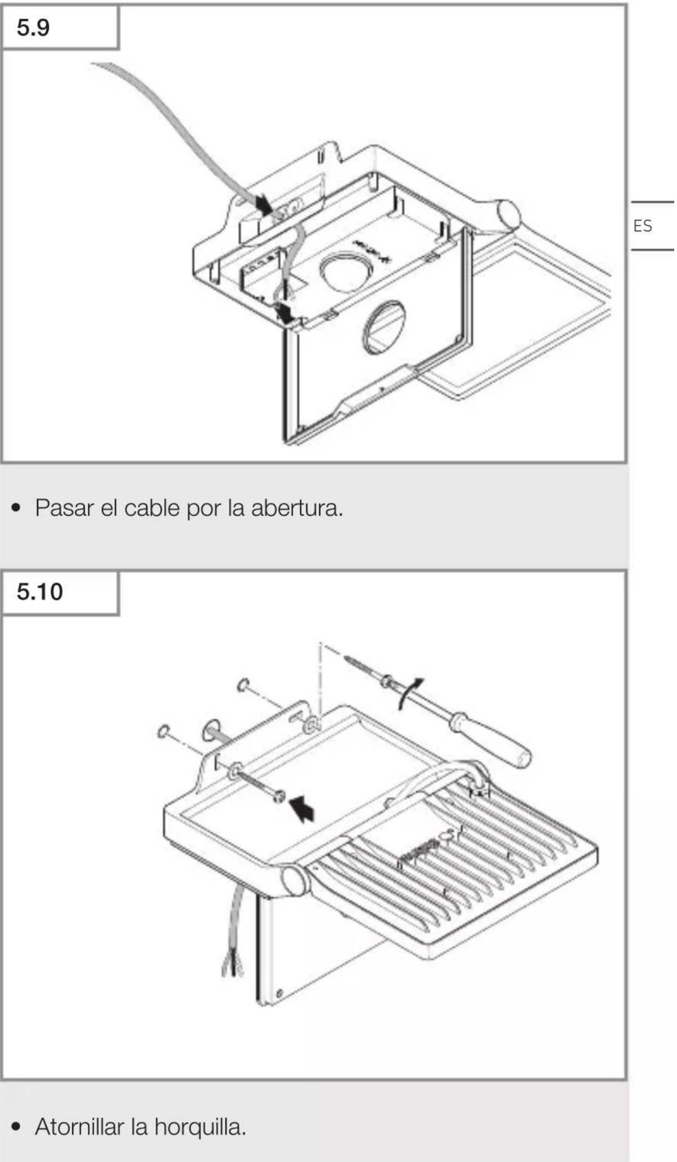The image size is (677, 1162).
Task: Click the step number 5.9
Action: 33,27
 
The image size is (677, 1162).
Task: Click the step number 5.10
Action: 39,592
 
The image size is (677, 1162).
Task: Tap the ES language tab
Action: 643,226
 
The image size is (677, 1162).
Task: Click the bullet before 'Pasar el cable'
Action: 17,509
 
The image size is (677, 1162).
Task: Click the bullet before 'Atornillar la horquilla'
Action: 17,1128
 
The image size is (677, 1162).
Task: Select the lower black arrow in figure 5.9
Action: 285,313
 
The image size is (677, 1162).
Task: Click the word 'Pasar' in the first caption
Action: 64,508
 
